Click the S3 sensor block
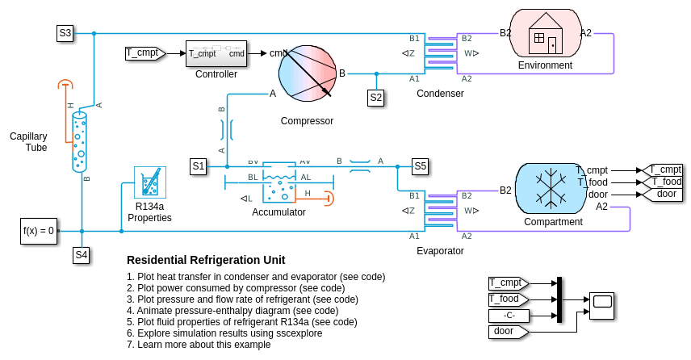point(65,33)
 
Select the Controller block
point(216,53)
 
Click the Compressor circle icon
point(306,73)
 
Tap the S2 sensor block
point(375,98)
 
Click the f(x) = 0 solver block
point(39,231)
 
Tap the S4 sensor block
point(82,255)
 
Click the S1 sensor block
point(199,166)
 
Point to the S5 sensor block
point(420,166)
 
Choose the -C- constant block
point(509,315)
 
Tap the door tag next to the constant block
point(507,331)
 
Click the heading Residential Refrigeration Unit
point(206,260)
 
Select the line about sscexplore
point(219,333)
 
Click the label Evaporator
point(440,250)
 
